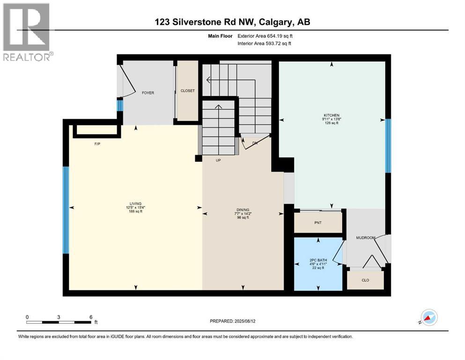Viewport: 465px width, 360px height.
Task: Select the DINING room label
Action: (243, 210)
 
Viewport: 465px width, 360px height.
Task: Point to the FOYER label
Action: (148, 93)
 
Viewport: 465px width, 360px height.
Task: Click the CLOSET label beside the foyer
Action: (187, 91)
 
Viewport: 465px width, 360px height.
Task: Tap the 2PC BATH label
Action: (317, 260)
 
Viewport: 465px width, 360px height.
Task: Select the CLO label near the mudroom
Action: (365, 280)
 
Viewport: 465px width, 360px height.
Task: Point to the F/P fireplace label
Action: (97, 144)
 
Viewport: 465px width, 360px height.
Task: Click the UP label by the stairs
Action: (218, 160)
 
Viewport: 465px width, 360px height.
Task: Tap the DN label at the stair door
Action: (255, 143)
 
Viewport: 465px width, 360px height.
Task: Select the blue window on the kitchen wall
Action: (388, 146)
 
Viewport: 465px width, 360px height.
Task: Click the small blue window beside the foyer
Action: (119, 106)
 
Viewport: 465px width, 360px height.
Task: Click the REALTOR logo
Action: (27, 32)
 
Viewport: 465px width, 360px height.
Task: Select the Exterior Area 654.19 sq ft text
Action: (267, 36)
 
